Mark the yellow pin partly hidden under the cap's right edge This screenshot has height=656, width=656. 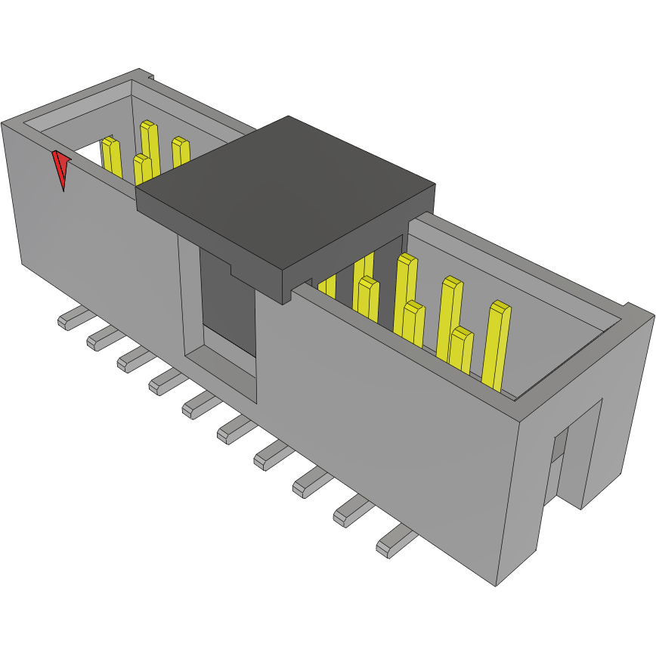coord(327,286)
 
